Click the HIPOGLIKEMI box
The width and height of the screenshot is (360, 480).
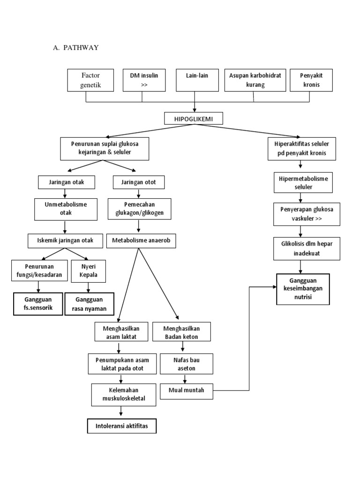pos(194,119)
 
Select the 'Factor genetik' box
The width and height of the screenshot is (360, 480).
pos(90,80)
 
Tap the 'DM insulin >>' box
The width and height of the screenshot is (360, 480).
pos(144,80)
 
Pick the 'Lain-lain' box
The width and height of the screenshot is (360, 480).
pos(197,80)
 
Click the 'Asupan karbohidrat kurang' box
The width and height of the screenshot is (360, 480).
pos(255,80)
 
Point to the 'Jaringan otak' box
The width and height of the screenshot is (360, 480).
pos(67,182)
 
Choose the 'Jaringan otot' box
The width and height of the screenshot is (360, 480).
pos(139,182)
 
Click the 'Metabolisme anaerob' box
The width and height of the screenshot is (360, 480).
pos(141,240)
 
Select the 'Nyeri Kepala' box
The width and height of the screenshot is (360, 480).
pos(89,271)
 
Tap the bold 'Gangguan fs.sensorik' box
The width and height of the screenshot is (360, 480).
pos(38,304)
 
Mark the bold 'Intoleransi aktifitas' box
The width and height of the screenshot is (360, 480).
pos(122,426)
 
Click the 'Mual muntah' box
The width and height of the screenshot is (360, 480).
pos(187,391)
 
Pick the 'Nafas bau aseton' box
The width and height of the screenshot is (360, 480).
pos(187,364)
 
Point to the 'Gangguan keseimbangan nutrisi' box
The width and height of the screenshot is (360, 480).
pos(303,289)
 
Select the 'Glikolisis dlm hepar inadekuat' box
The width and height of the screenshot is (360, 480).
pos(307,248)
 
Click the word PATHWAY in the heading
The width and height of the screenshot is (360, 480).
pos(81,47)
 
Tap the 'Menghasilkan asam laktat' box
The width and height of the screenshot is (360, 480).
pos(121,331)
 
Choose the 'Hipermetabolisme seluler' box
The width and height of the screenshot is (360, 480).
pos(303,183)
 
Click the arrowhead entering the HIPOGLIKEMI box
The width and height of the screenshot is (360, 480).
pos(195,110)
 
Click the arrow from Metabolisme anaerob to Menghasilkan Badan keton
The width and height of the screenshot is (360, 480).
pos(158,284)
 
